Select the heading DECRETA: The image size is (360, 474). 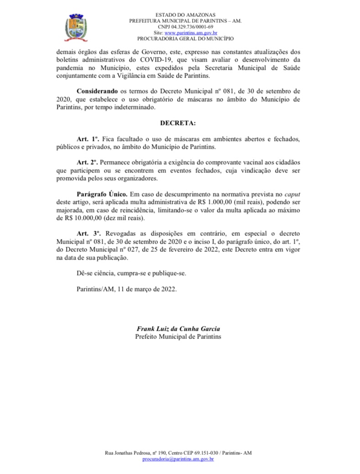point(178,123)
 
